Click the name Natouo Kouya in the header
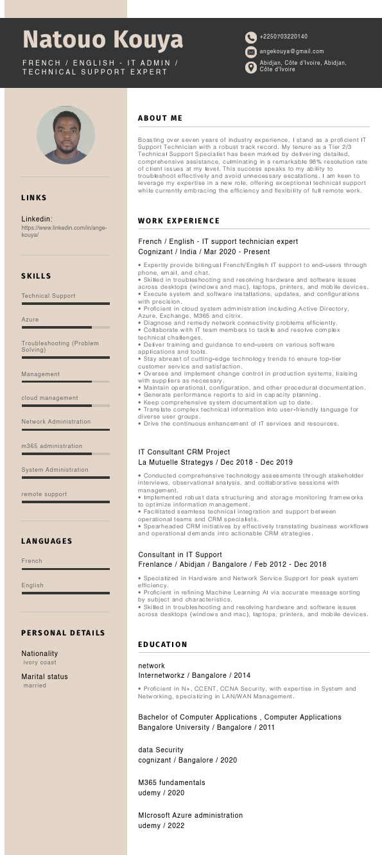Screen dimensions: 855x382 (103, 40)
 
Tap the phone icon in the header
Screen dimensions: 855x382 (251, 37)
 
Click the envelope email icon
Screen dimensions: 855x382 (251, 51)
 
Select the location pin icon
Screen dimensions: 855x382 (251, 67)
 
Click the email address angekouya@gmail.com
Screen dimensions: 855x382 (291, 51)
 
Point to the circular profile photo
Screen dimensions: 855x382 (65, 135)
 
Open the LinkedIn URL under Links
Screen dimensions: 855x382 (64, 231)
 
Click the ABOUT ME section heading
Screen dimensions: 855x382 (160, 118)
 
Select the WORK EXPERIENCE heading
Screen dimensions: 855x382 (178, 221)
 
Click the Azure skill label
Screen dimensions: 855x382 (30, 320)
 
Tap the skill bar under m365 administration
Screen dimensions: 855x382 (65, 454)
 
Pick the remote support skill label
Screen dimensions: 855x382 (44, 494)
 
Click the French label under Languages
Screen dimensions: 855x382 (31, 561)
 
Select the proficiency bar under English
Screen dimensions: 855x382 (65, 593)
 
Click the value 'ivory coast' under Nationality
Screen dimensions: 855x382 (40, 662)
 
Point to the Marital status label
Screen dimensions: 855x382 (44, 677)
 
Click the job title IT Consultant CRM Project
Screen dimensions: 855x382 (184, 452)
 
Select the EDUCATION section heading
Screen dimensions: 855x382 (162, 644)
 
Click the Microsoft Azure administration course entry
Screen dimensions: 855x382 (191, 815)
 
